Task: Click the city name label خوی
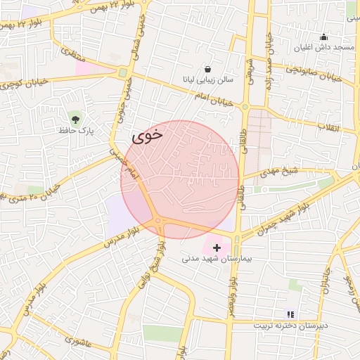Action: pyautogui.click(x=147, y=136)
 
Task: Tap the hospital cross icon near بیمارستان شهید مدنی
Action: pyautogui.click(x=217, y=247)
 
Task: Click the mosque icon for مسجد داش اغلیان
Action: pyautogui.click(x=323, y=37)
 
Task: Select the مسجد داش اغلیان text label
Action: pyautogui.click(x=323, y=48)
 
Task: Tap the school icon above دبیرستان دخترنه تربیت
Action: pyautogui.click(x=290, y=314)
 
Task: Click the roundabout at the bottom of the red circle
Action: pyautogui.click(x=160, y=222)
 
